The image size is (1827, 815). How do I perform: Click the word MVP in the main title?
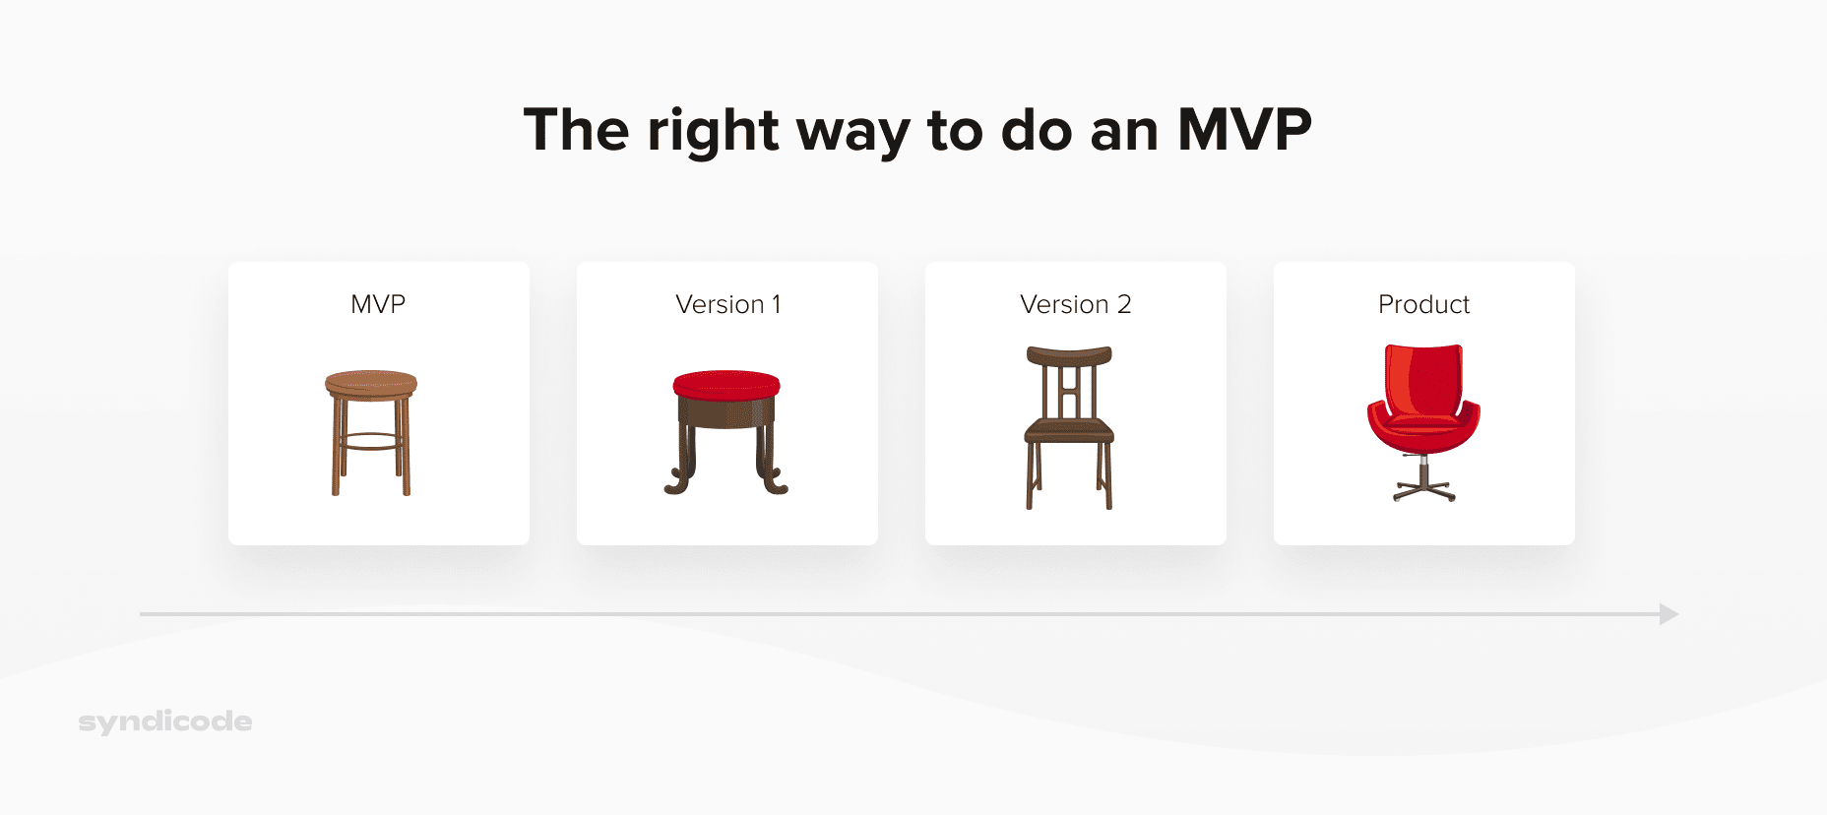[x=1244, y=130]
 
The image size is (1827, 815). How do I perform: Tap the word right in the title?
[x=713, y=132]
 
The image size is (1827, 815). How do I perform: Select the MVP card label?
[x=378, y=304]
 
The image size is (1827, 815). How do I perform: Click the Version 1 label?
[x=727, y=304]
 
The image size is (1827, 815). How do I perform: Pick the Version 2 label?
[x=1075, y=304]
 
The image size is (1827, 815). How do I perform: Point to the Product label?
[x=1423, y=304]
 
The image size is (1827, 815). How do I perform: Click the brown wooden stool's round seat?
[x=371, y=381]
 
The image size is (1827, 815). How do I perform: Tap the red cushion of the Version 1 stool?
[x=726, y=384]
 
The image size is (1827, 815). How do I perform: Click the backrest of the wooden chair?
[x=1069, y=379]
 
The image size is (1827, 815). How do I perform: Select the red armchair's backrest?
[x=1423, y=379]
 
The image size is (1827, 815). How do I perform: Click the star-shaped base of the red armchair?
[x=1423, y=489]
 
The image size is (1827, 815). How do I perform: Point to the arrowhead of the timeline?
[x=1669, y=614]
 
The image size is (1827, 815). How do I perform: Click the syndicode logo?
[x=165, y=721]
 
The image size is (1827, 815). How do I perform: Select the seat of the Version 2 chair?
[x=1069, y=429]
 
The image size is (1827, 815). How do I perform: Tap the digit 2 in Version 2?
[x=1123, y=304]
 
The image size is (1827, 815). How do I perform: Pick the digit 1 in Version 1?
[x=777, y=304]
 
